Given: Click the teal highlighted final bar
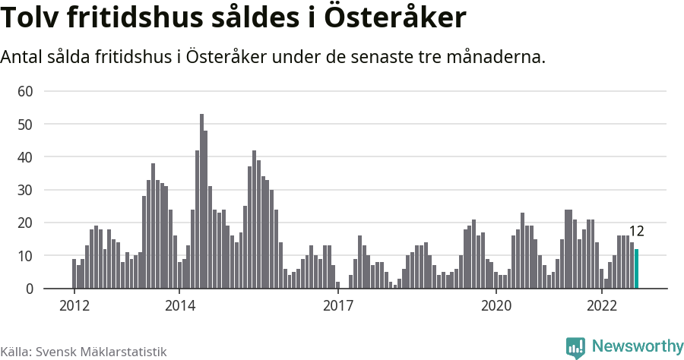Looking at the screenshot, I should point(637,269).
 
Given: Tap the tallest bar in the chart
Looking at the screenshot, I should point(201,201).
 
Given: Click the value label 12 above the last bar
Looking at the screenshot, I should point(637,232).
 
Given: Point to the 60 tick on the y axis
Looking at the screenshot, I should point(26,91).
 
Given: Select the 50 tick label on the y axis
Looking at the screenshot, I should point(26,124).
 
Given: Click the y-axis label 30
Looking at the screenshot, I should point(26,190).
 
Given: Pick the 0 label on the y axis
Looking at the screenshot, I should point(30,289).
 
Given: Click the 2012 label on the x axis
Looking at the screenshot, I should point(74,305).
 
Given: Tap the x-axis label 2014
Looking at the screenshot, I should point(179,305).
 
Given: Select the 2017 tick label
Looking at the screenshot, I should point(338,305).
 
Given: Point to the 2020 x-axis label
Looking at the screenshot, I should point(496,305).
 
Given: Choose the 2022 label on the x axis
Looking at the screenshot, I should point(602,305).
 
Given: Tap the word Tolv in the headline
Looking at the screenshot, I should point(31,19).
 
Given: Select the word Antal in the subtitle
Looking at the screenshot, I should point(23,57).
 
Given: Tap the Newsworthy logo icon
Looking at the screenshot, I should point(575,347).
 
